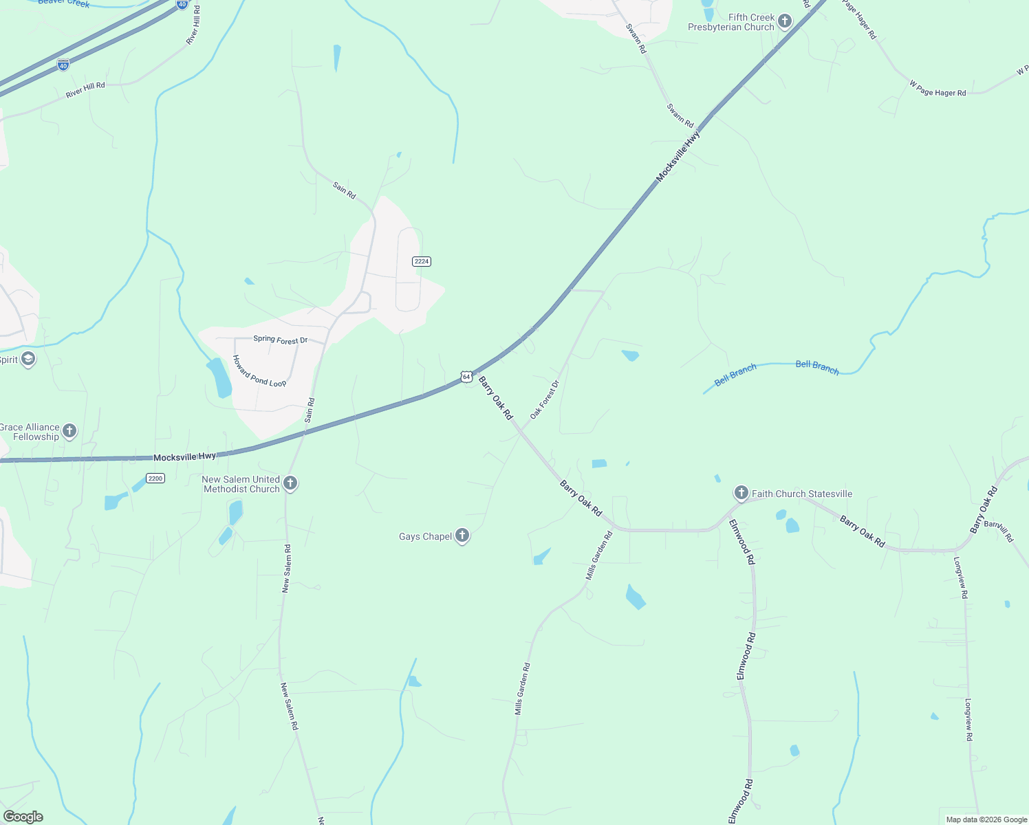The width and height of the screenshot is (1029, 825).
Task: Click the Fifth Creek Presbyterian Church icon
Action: click(785, 22)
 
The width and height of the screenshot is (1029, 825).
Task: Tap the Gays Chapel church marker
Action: click(462, 536)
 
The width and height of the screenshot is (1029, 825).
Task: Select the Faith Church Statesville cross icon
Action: click(741, 492)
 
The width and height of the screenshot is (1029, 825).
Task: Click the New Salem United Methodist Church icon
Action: click(290, 483)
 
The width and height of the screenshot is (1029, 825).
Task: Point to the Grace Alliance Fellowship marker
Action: click(69, 431)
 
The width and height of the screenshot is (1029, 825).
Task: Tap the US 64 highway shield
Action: click(466, 377)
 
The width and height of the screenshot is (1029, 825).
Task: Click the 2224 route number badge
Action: click(422, 261)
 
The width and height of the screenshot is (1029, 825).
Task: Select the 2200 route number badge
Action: click(155, 478)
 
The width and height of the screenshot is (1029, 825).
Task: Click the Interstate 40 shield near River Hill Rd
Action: click(63, 65)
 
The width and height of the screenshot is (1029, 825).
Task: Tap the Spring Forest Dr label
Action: click(280, 340)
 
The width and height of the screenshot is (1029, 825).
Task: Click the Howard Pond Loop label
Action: click(259, 371)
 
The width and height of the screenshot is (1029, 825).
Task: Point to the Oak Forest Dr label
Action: click(545, 399)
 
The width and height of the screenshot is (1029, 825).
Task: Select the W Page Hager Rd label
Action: click(938, 89)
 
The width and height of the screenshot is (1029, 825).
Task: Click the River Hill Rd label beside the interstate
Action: click(85, 90)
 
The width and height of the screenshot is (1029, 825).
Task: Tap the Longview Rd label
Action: click(960, 577)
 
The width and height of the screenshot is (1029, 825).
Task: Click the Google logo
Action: click(23, 817)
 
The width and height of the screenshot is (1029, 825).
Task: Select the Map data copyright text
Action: click(986, 819)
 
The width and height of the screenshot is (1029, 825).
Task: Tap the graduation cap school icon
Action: click(28, 359)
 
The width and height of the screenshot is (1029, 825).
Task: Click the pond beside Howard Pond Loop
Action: click(220, 378)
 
